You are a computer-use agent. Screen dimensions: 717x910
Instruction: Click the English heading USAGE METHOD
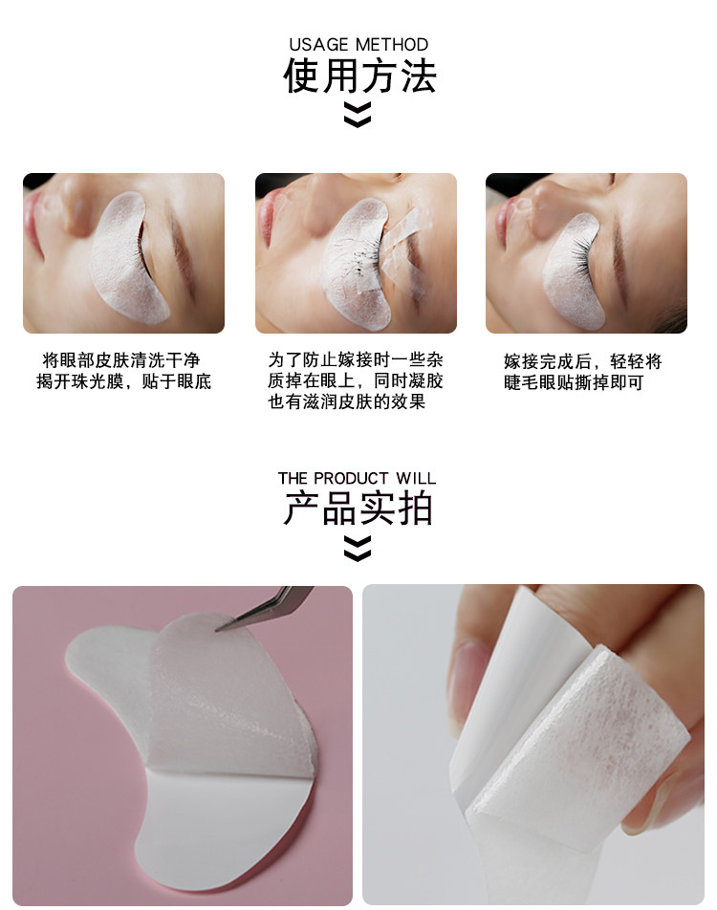[358, 45]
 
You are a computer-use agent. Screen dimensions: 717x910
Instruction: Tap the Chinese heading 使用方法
[359, 76]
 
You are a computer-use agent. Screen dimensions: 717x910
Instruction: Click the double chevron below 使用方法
[357, 115]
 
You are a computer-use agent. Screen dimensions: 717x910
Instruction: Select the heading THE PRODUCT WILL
[357, 478]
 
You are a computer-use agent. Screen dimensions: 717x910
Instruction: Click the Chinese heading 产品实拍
[358, 508]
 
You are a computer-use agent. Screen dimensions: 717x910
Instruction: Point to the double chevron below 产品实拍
[357, 549]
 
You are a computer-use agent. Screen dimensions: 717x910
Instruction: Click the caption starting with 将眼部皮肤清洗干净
[123, 371]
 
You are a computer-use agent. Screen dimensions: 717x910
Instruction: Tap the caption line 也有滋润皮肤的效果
[347, 401]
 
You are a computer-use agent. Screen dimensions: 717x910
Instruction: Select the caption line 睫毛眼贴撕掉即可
[574, 382]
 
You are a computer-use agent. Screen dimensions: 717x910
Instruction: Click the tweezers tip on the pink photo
[217, 629]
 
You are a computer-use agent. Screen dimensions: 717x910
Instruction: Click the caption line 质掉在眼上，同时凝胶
[356, 380]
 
